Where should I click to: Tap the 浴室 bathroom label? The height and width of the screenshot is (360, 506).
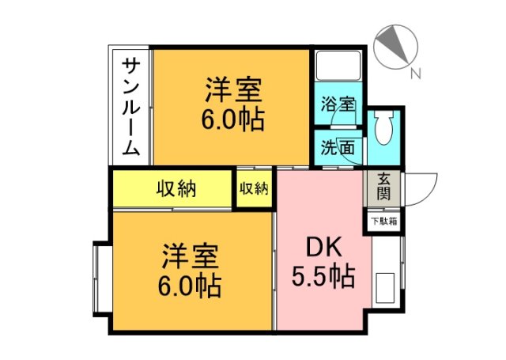[x=338, y=104]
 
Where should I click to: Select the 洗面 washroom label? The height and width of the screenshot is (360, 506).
[x=331, y=147]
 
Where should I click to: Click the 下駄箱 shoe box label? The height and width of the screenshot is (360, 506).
[x=384, y=222]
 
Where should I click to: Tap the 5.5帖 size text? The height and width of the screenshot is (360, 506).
[x=323, y=277]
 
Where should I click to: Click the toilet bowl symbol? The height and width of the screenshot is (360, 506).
[x=384, y=129]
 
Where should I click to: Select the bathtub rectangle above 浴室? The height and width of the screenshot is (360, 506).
[x=338, y=68]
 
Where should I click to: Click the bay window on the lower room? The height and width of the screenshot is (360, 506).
[x=101, y=280]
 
